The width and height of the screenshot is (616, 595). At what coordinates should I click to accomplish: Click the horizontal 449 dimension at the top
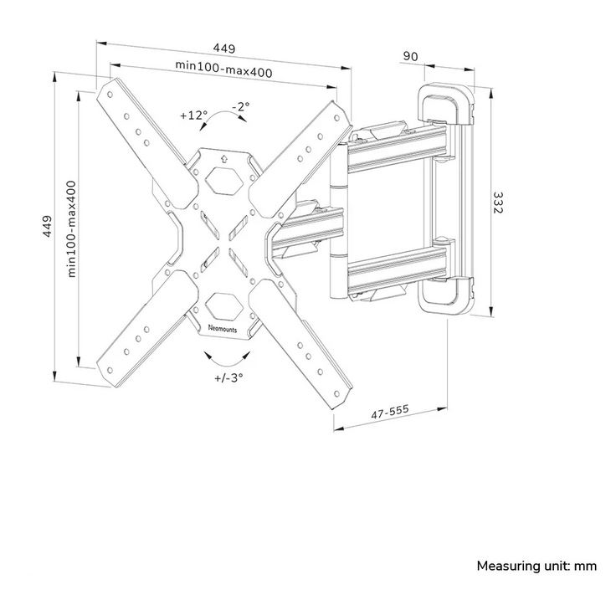(223, 48)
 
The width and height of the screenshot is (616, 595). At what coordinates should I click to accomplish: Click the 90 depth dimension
(411, 56)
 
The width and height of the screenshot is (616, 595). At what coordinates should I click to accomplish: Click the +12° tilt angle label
(193, 115)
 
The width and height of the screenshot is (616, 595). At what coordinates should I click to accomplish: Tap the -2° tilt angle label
(241, 106)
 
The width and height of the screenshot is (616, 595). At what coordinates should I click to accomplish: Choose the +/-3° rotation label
(228, 377)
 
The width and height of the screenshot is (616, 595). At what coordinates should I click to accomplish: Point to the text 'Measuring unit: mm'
(536, 566)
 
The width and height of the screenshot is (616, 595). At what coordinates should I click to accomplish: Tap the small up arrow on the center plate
(223, 156)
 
